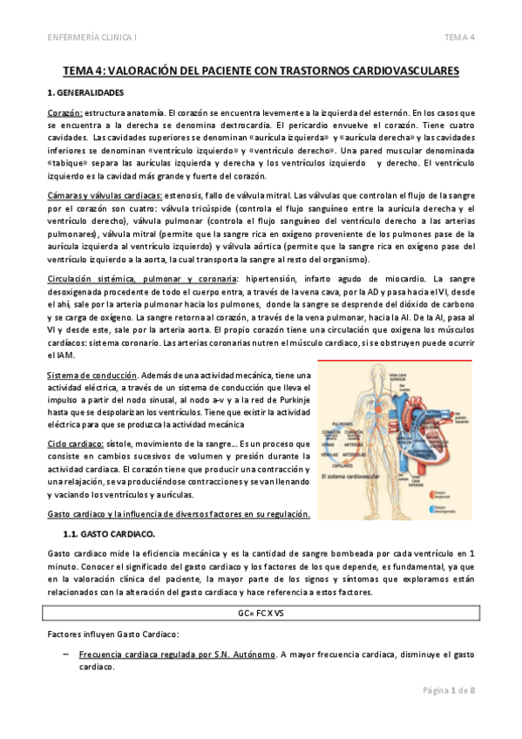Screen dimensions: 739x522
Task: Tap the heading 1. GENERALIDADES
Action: (85, 92)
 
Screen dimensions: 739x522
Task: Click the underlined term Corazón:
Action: (64, 113)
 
